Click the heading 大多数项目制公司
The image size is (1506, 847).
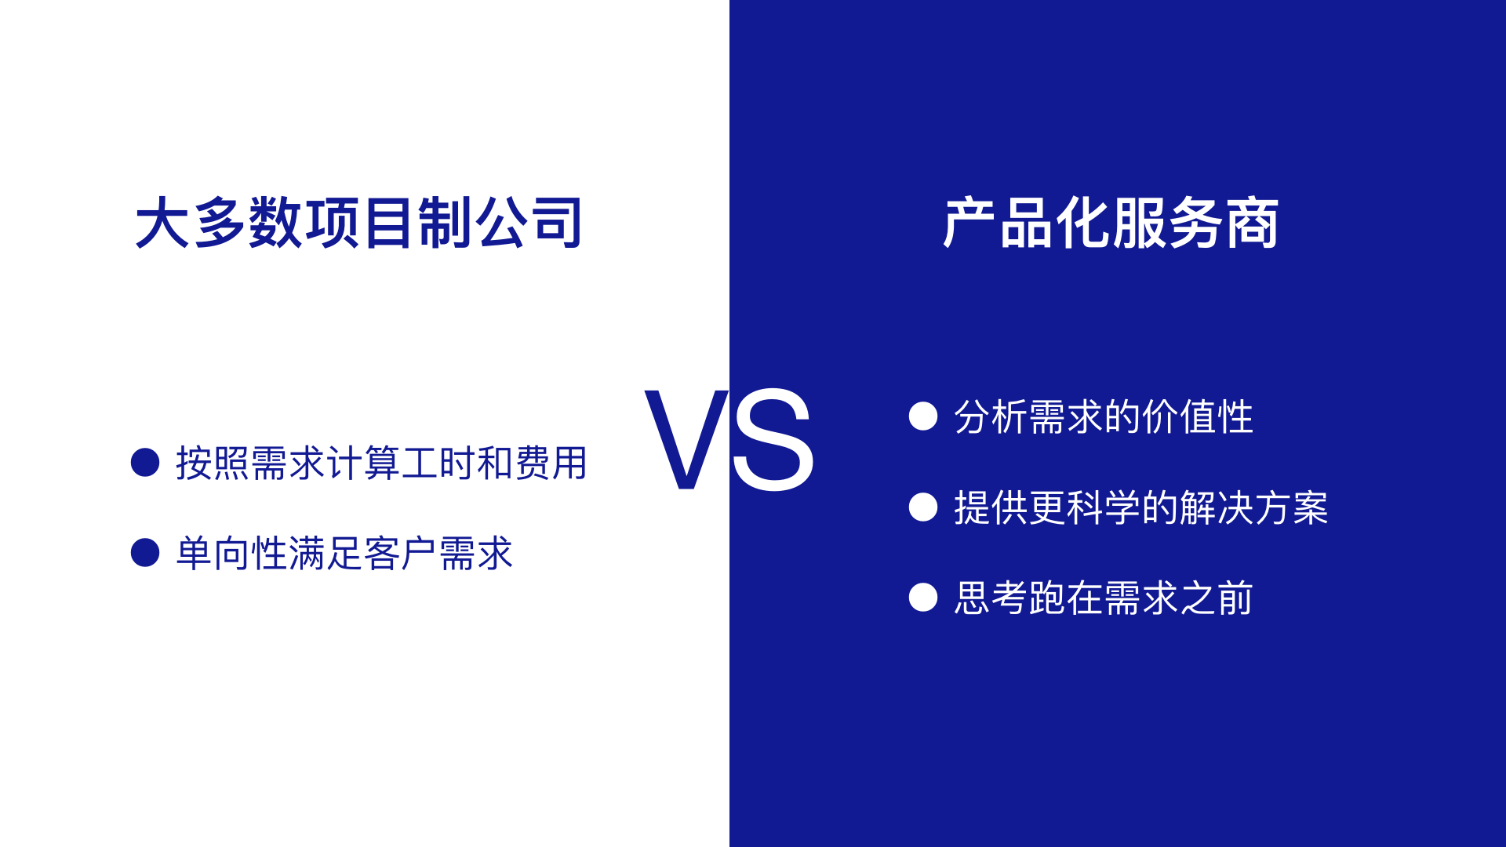coord(358,223)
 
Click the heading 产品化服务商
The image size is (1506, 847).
coord(1111,223)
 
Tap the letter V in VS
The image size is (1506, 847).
coord(687,439)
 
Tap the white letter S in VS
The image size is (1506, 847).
coord(773,439)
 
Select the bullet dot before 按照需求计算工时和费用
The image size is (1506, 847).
coord(145,462)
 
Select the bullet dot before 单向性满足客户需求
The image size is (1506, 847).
coord(145,552)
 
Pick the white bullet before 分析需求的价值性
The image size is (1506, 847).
coord(923,416)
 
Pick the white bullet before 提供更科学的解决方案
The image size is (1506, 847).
coord(923,507)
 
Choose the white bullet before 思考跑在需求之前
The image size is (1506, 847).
coord(923,597)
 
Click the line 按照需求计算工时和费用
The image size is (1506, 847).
coord(381,463)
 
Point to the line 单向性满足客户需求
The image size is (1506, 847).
coord(344,553)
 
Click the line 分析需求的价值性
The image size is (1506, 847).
coord(1104,416)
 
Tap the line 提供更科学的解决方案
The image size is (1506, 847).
coord(1141,507)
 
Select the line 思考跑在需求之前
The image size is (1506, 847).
coord(1104,598)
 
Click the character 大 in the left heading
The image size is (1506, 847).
coord(162,223)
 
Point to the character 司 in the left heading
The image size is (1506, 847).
coord(555,223)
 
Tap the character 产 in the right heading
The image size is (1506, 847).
coord(969,223)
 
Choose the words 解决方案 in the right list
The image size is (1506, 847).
coord(1253,507)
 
